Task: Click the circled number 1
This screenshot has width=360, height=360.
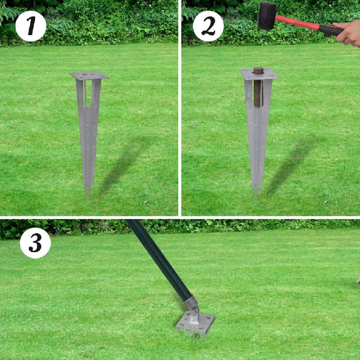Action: coord(31,26)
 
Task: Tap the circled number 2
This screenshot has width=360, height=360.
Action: coord(208,26)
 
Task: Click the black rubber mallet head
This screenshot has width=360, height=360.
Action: coord(266,15)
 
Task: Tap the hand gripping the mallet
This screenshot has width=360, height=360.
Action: coord(349,33)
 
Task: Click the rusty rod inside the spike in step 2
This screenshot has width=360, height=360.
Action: coord(258,88)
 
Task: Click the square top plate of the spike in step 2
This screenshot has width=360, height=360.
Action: coord(259,73)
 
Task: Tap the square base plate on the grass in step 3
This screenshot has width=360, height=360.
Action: coord(195,322)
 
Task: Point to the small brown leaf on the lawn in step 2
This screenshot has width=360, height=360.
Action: coord(325,202)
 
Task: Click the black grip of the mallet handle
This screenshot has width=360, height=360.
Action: coord(331,30)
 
